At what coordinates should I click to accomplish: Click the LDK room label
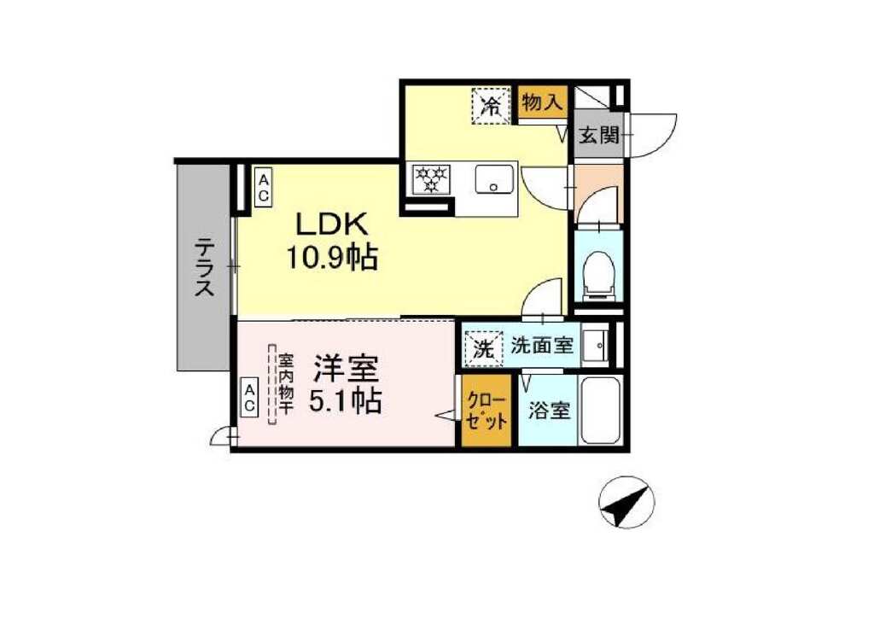click(x=332, y=224)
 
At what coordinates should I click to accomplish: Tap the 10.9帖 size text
click(x=332, y=258)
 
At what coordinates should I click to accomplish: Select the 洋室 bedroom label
click(x=346, y=367)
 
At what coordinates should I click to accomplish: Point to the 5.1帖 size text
click(x=346, y=399)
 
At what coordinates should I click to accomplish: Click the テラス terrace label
click(x=204, y=267)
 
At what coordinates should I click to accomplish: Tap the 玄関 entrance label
click(x=598, y=135)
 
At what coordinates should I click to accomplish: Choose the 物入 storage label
click(x=542, y=102)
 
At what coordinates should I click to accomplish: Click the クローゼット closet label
click(x=487, y=411)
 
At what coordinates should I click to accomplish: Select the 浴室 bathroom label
click(x=549, y=411)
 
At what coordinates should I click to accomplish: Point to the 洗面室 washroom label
click(x=542, y=346)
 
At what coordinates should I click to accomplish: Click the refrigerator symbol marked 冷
click(x=492, y=105)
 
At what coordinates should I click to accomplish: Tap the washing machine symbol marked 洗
click(x=483, y=349)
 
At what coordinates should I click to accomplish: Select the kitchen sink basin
click(x=494, y=179)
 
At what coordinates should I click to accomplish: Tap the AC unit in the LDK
click(x=263, y=187)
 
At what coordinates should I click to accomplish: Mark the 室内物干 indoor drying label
click(x=285, y=384)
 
